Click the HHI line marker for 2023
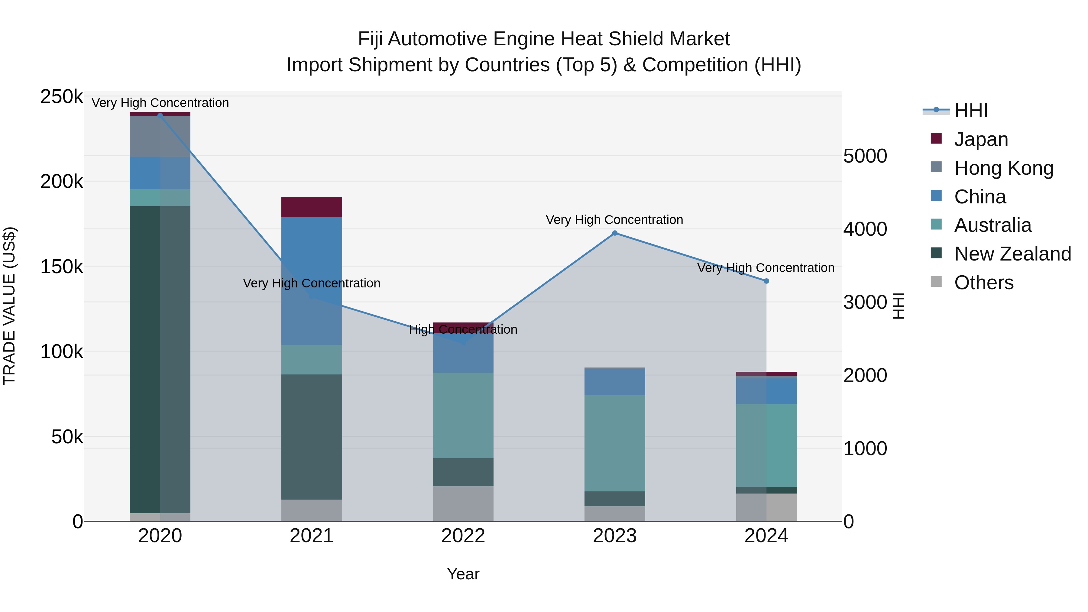coord(614,233)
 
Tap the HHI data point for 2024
coord(766,281)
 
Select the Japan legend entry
coord(981,139)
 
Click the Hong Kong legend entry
coord(1003,168)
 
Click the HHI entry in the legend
coord(970,111)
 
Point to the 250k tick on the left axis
coord(62,97)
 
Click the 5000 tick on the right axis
coord(865,156)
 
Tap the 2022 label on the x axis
coord(463,536)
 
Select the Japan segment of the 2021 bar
coord(312,207)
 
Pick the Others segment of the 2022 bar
coord(463,504)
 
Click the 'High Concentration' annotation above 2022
coord(463,329)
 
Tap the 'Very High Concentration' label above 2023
coord(614,220)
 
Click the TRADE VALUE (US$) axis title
coord(10,306)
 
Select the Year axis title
coord(463,574)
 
